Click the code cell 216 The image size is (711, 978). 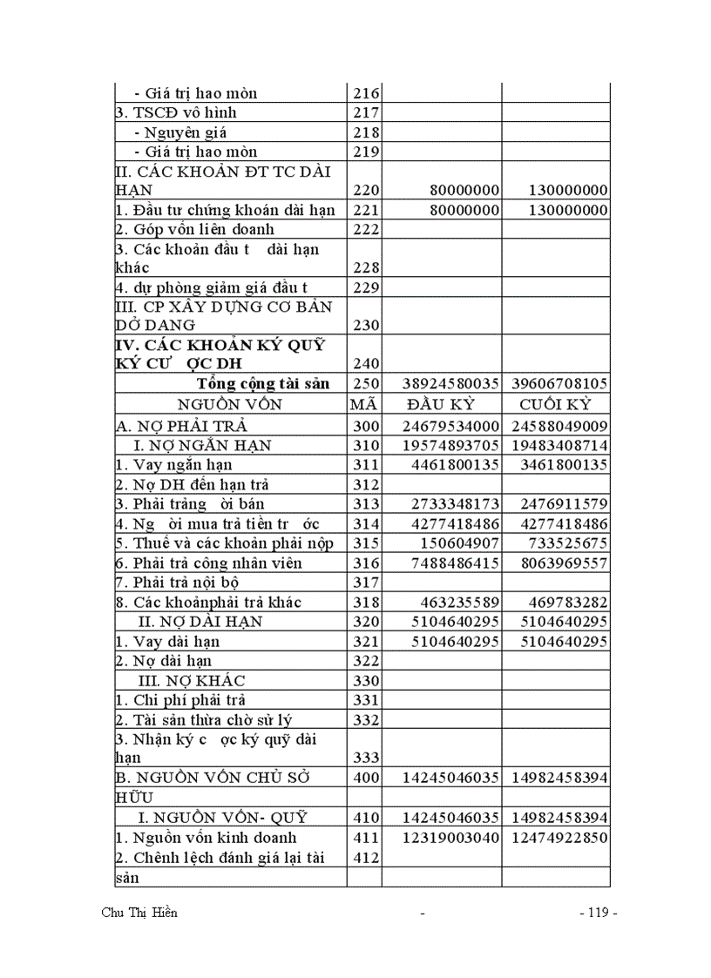[x=364, y=93]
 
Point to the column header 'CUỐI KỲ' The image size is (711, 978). [x=555, y=404]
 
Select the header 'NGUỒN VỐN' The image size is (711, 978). [x=230, y=404]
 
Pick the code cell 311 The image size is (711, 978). [x=364, y=465]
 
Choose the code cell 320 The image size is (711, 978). [x=364, y=622]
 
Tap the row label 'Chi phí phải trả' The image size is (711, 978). [x=179, y=700]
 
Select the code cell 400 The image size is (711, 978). [x=364, y=777]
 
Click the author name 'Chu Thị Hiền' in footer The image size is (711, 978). [x=139, y=913]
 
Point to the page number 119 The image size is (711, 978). [x=597, y=913]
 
